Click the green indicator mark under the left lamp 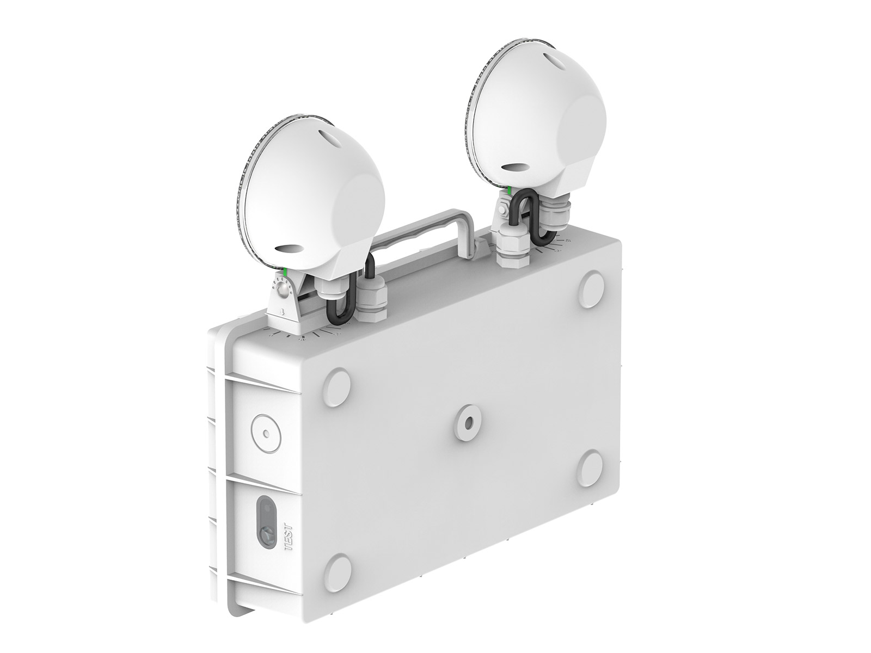point(285,272)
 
